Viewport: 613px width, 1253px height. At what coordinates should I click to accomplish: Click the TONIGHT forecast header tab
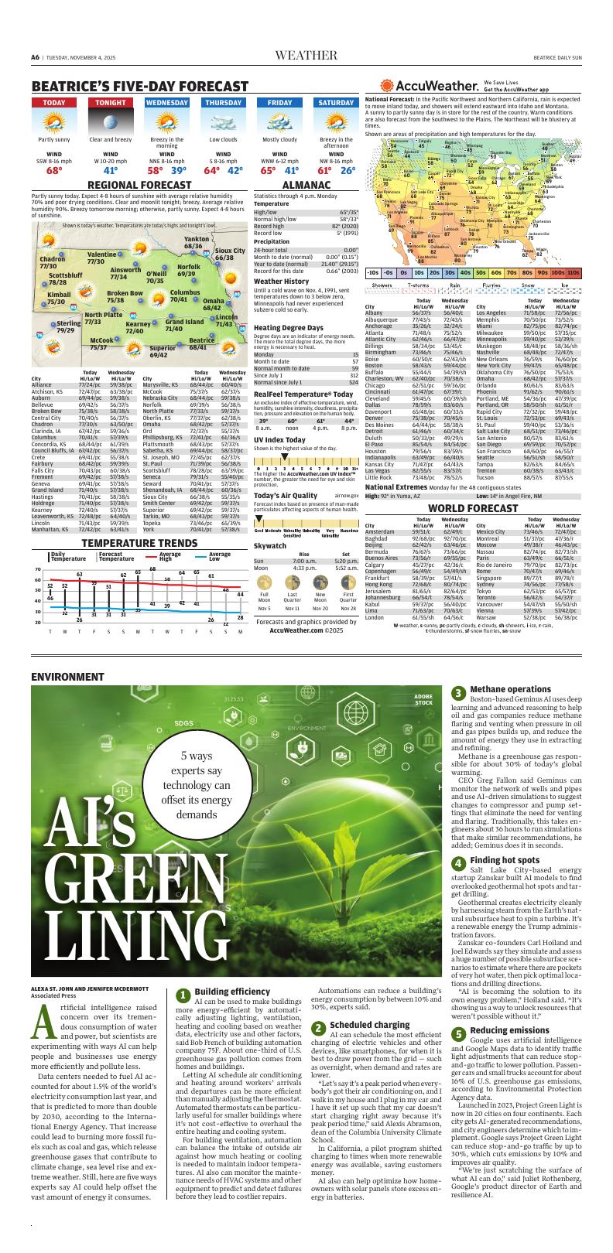tap(111, 103)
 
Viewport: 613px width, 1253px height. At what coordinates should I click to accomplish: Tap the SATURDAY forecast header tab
tap(337, 103)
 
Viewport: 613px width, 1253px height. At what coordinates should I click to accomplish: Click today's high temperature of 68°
tap(54, 171)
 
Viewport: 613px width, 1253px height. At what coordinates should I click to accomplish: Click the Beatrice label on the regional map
tap(201, 340)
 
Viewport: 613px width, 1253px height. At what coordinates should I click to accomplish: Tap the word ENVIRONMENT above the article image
tap(67, 677)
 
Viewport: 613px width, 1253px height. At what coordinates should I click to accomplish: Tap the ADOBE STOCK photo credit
tap(423, 700)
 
